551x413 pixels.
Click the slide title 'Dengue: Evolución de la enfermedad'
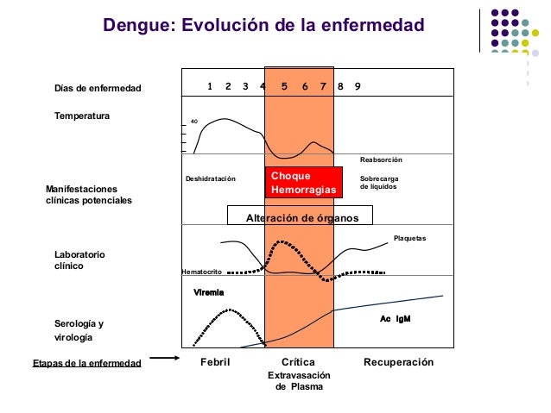point(263,26)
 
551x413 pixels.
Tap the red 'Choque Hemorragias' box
point(305,182)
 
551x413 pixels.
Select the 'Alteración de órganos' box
point(301,217)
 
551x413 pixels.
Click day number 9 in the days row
point(358,86)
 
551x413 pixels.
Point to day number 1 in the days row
point(211,86)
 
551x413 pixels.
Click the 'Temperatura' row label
point(82,115)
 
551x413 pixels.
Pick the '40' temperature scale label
point(194,122)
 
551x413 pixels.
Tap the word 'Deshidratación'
point(210,178)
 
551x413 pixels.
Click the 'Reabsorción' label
point(381,160)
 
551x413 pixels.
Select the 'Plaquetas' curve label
point(409,237)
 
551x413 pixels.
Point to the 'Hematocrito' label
point(201,272)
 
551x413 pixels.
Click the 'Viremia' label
point(209,292)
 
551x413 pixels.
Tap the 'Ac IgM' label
point(395,318)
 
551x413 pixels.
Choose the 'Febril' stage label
point(215,362)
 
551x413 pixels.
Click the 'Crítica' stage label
point(298,362)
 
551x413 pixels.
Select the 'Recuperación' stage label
point(398,362)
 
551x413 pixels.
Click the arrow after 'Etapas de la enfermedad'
point(163,358)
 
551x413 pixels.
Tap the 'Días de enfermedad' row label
point(97,89)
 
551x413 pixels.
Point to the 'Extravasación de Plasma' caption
point(298,382)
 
